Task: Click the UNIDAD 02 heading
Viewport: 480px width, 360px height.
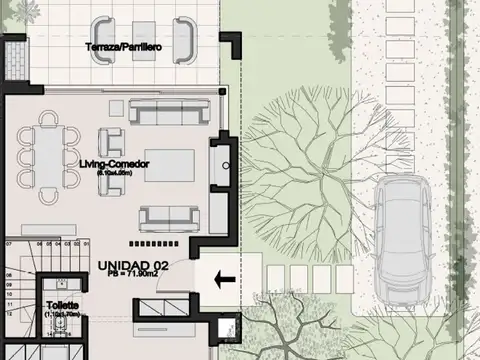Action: pos(134,264)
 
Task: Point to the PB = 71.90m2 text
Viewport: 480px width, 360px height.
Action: pos(134,276)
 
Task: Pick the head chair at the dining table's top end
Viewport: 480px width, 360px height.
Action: pos(47,118)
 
